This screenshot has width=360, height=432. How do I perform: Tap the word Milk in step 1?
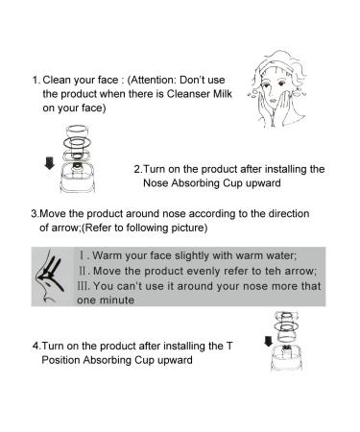point(201,93)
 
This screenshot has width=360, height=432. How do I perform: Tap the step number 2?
point(138,169)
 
